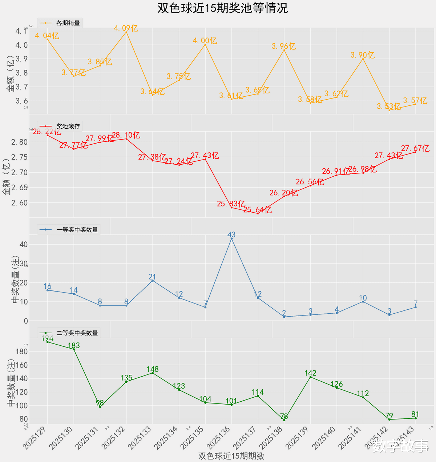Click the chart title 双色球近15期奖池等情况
coord(222,8)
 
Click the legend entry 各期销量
coord(68,23)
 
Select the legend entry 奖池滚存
coord(68,126)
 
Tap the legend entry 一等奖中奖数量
coord(77,230)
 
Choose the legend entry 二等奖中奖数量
coord(77,333)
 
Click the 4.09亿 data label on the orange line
coord(126,28)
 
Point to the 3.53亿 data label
coord(389,107)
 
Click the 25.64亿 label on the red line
coord(258,210)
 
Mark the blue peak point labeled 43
coord(231,238)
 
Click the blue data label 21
coord(152,277)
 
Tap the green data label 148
coord(153,369)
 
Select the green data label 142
coord(310,373)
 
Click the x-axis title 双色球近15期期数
coord(231,456)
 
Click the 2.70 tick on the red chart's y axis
coord(19,172)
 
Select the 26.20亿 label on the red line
coord(284,193)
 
